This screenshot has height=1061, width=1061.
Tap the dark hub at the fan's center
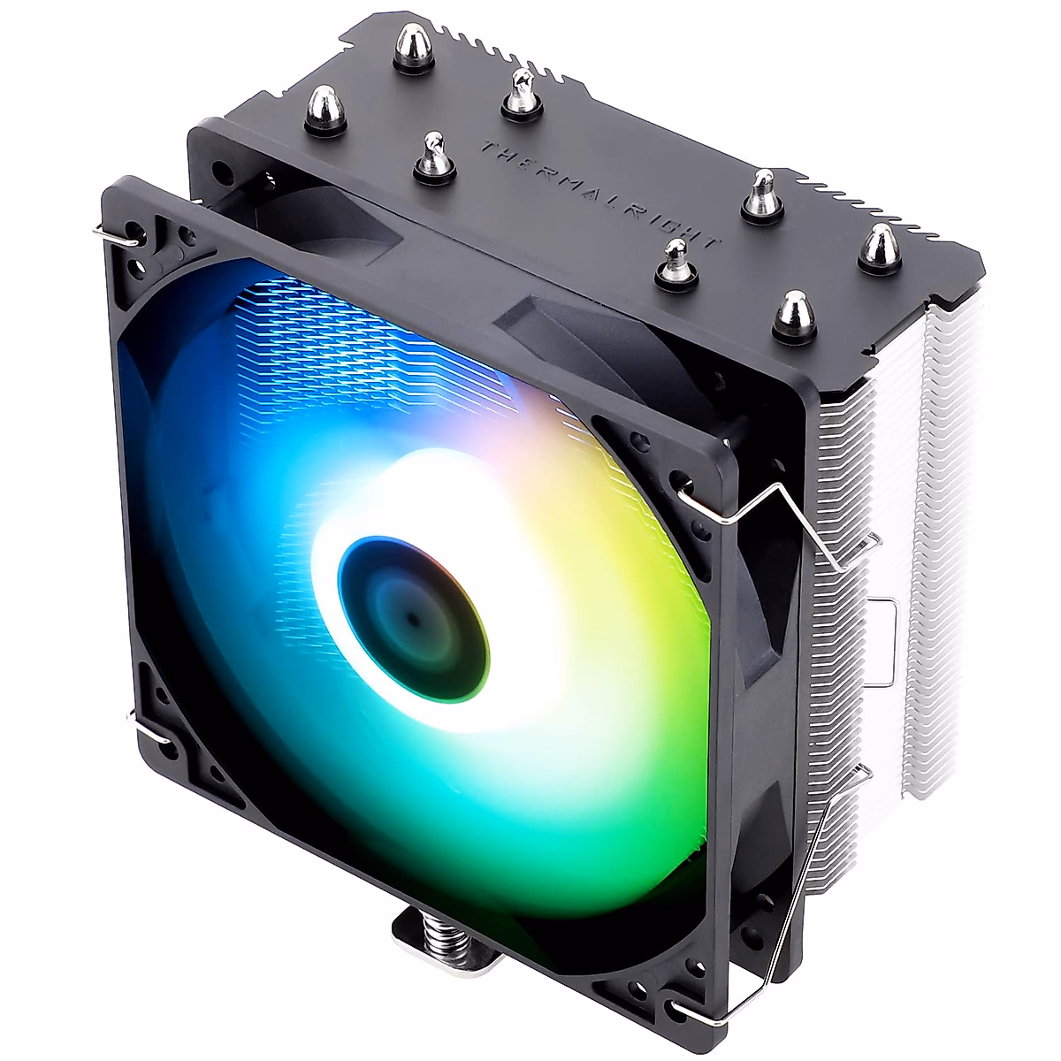pos(414,621)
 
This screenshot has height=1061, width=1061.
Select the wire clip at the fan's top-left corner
pos(117,236)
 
